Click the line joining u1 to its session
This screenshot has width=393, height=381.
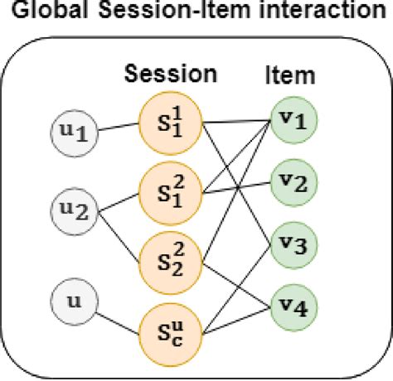[120, 129]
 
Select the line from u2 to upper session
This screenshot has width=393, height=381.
[121, 199]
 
